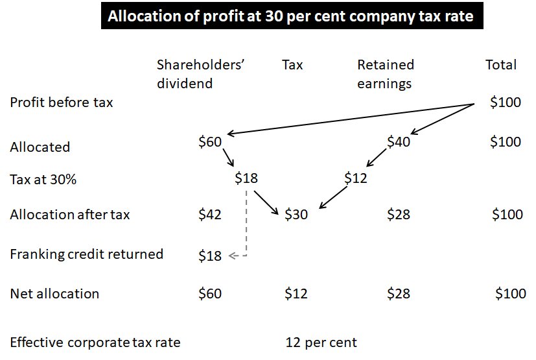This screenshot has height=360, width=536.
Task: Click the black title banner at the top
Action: click(290, 18)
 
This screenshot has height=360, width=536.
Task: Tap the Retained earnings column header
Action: click(386, 74)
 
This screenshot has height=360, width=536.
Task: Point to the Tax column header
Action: click(292, 65)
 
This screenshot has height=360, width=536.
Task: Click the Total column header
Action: click(501, 65)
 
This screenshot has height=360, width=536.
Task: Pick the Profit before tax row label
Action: click(62, 102)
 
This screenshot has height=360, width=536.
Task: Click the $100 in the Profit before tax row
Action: click(506, 102)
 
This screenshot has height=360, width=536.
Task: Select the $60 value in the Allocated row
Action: click(210, 143)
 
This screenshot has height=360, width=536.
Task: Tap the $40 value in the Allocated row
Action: click(399, 142)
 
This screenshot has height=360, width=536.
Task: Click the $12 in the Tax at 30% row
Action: click(356, 178)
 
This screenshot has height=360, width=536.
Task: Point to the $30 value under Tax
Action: click(296, 214)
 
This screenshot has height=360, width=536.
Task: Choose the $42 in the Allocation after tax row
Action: click(210, 214)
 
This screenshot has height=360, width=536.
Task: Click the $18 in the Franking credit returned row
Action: click(210, 256)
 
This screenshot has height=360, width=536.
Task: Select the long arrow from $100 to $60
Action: click(350, 119)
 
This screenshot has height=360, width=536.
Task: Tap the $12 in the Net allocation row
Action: click(296, 294)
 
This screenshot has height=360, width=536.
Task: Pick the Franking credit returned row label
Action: click(86, 254)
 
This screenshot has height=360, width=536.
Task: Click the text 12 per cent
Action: click(321, 342)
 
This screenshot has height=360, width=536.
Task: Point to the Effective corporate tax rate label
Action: click(95, 342)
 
